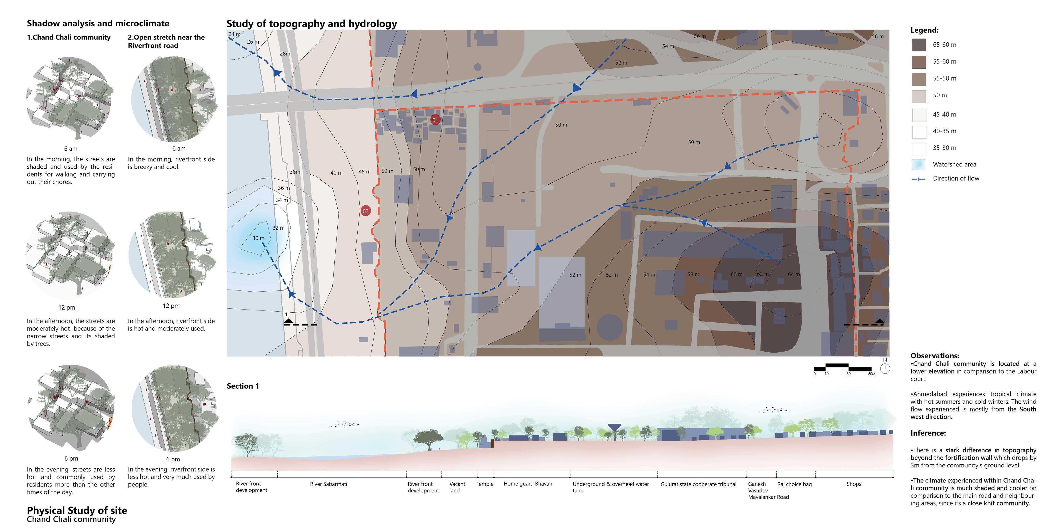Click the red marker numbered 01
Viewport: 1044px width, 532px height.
(x=435, y=120)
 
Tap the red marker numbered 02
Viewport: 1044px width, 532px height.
(x=366, y=211)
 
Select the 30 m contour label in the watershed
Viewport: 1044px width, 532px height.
(x=258, y=238)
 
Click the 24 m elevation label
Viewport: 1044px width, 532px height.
(x=234, y=34)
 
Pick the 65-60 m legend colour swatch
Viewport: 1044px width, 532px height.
(x=919, y=45)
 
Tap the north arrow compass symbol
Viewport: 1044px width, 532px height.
(x=885, y=368)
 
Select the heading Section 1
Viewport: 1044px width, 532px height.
(x=243, y=386)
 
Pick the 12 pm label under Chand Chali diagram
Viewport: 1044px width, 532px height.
(x=67, y=307)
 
